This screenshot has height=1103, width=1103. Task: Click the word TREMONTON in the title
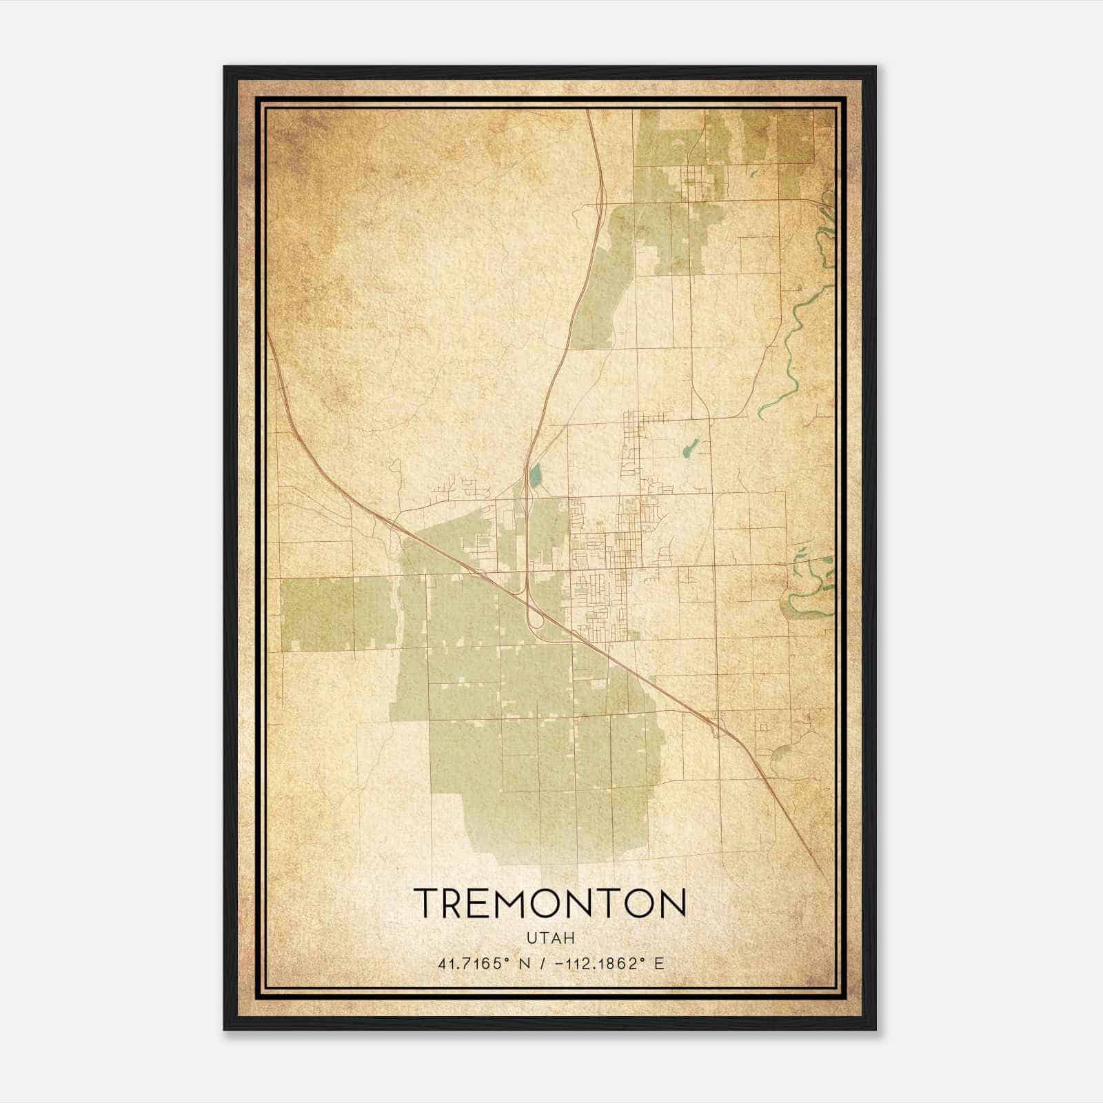[x=550, y=902]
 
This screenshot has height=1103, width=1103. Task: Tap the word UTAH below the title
[x=550, y=938]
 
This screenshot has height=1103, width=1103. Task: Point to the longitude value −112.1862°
[x=594, y=964]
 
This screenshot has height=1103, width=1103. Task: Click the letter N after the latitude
[x=525, y=964]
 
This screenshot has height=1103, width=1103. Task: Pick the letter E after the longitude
[x=660, y=964]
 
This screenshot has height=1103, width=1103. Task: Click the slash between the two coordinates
[x=543, y=964]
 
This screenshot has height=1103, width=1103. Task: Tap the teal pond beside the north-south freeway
[x=535, y=475]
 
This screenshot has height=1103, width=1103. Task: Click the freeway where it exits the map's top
[x=588, y=114]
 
